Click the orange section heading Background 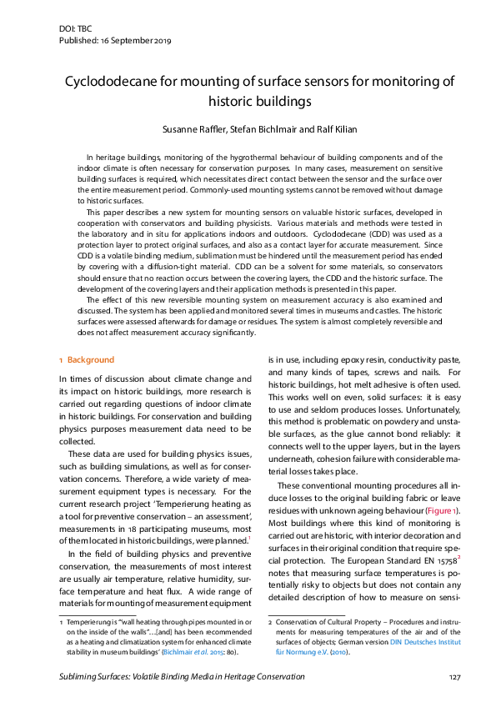(x=90, y=360)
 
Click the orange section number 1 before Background (x=61, y=360)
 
